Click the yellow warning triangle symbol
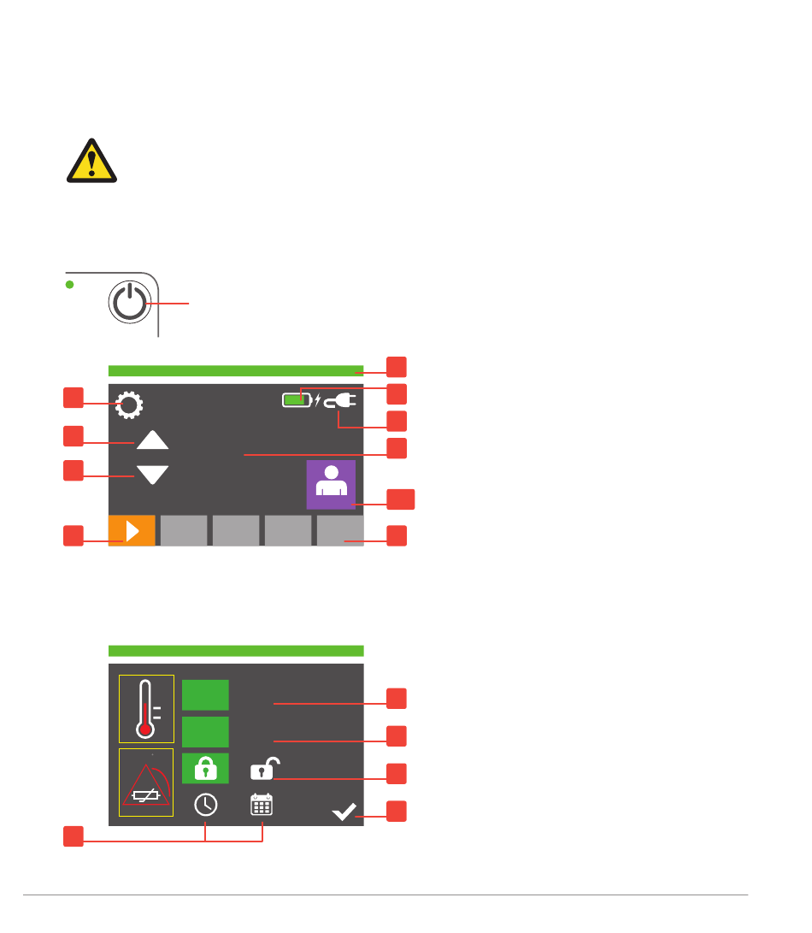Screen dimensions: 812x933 pos(92,161)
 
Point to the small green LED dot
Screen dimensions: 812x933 pos(71,284)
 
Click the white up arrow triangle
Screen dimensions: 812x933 pos(153,440)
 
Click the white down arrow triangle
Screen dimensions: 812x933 pos(153,475)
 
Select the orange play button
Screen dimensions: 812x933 pos(132,531)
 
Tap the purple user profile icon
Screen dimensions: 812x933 pos(331,485)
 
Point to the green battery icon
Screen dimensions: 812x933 pos(297,399)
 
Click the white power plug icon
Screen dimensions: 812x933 pos(340,399)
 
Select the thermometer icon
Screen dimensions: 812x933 pos(146,708)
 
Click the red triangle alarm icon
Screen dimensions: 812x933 pos(146,782)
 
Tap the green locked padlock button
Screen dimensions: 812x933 pos(206,769)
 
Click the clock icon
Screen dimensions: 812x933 pos(205,805)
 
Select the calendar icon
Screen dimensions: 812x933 pos(262,805)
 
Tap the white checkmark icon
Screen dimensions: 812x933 pos(344,812)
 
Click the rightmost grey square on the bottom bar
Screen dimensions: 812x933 pos(340,531)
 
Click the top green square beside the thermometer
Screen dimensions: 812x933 pos(206,695)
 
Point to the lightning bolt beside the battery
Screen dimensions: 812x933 pos(317,399)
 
